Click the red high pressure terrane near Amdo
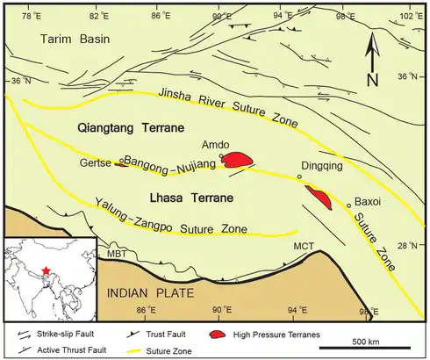(236, 160)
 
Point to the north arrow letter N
(372, 80)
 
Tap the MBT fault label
(115, 254)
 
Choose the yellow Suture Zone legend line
(130, 350)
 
